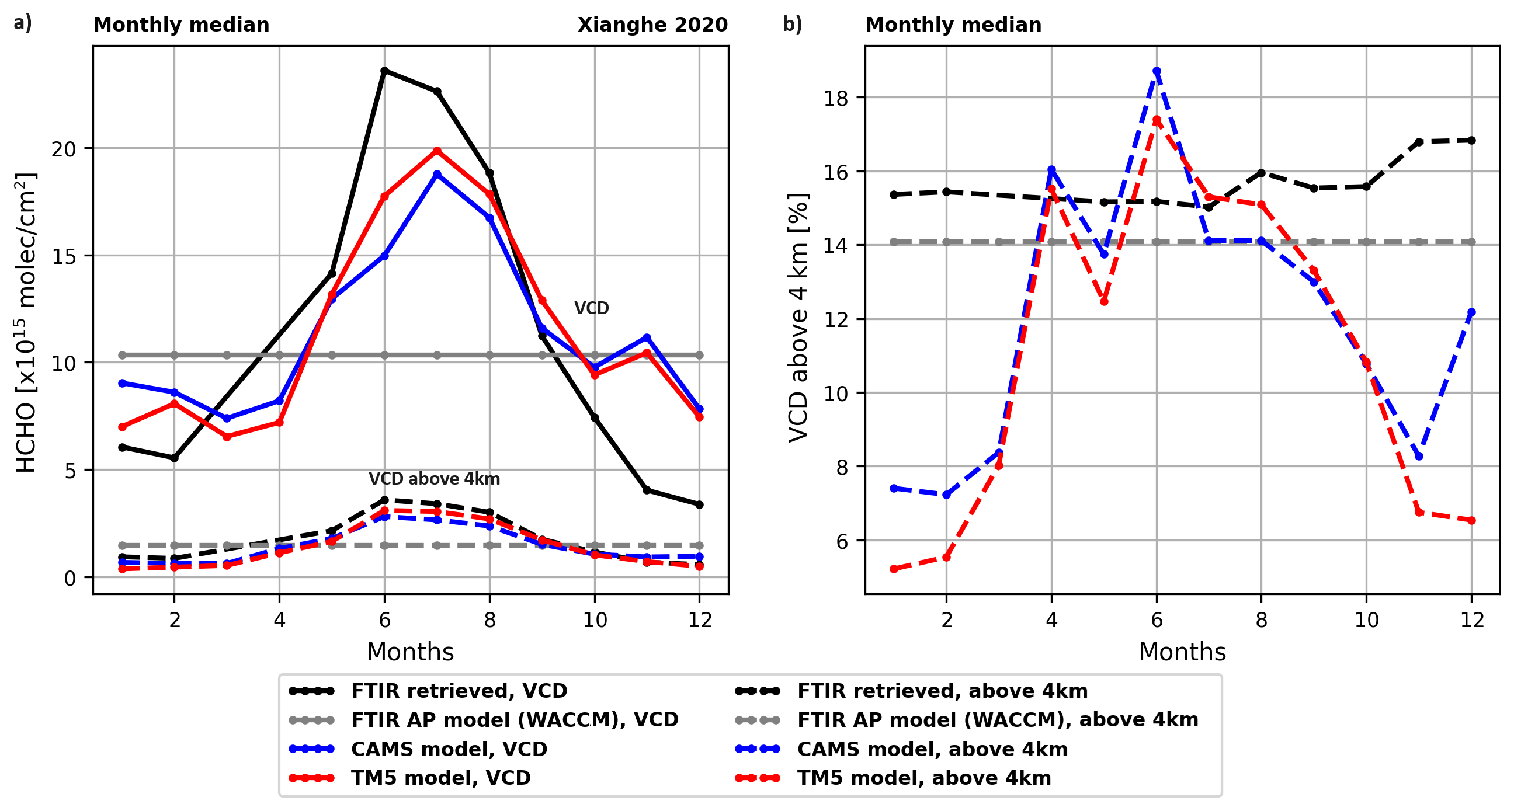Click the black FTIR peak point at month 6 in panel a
click(x=384, y=71)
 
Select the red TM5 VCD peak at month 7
click(x=437, y=151)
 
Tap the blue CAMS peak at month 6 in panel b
click(x=1157, y=71)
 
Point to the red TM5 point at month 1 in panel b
click(x=894, y=569)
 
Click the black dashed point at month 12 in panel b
click(x=1472, y=141)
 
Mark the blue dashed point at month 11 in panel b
click(x=1419, y=456)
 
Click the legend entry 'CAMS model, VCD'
click(x=449, y=749)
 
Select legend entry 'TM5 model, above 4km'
click(x=923, y=778)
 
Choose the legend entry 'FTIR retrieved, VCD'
click(x=459, y=691)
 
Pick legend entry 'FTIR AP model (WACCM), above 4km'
click(x=997, y=720)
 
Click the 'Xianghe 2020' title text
click(x=652, y=25)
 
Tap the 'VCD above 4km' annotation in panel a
click(x=435, y=479)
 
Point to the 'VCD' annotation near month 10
click(x=591, y=308)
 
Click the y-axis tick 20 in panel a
click(x=64, y=149)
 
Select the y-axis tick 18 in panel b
click(x=836, y=98)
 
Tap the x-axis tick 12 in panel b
click(x=1472, y=620)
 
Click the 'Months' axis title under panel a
click(x=410, y=652)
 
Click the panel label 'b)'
click(x=792, y=24)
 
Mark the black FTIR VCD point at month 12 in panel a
click(x=699, y=505)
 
